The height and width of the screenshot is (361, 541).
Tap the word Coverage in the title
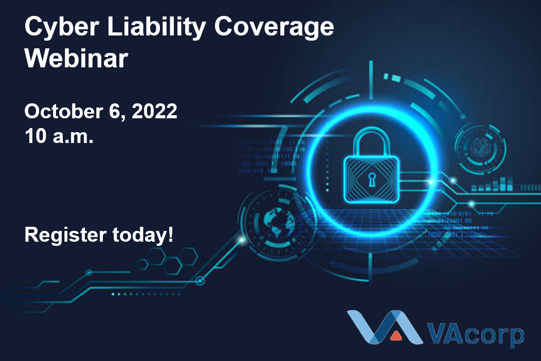click(x=274, y=28)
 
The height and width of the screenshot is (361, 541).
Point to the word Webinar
click(x=76, y=59)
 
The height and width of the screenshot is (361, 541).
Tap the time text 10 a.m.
click(x=59, y=136)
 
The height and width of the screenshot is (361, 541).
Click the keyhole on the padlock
click(x=371, y=179)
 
